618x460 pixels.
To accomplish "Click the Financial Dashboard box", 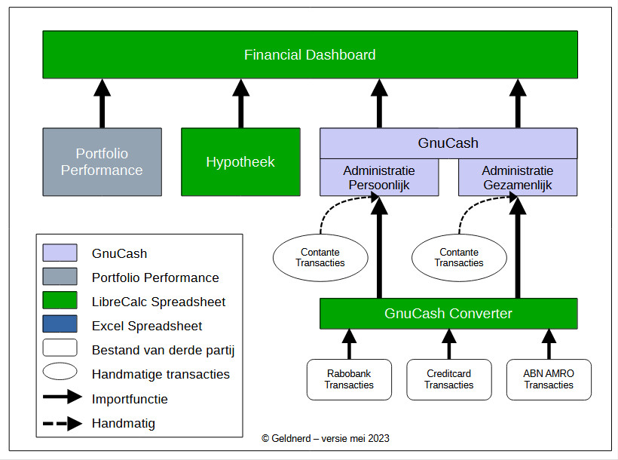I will [x=310, y=54].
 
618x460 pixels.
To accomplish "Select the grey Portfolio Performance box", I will [x=102, y=162].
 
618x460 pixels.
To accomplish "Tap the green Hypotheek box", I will [x=240, y=162].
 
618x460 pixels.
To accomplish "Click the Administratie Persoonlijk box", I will [x=379, y=178].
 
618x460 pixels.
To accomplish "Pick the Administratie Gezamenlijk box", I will [x=518, y=178].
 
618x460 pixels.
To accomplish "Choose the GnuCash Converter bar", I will [x=448, y=314].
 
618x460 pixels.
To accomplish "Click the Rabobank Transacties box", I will [x=349, y=379].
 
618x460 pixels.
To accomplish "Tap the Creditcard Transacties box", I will [x=448, y=379].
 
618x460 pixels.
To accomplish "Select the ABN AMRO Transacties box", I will [x=548, y=379].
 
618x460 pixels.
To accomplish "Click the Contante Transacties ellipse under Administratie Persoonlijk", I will [x=320, y=258].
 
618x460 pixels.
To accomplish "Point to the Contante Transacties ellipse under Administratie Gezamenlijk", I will [x=459, y=258].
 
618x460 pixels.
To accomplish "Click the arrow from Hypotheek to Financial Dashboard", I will [x=240, y=103].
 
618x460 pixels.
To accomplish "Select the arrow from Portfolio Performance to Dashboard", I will [x=102, y=103].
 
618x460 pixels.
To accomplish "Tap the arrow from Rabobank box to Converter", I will [x=349, y=344].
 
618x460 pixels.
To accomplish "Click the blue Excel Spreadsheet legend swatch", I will [x=60, y=326].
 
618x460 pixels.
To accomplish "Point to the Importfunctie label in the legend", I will [x=130, y=399].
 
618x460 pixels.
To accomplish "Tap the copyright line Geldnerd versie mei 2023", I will [x=326, y=438].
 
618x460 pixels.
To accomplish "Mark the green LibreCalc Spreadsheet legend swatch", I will [x=60, y=302].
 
